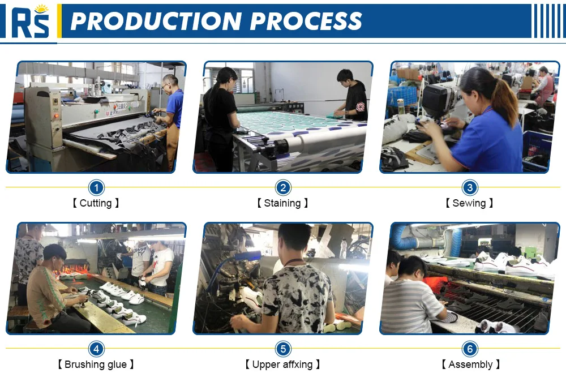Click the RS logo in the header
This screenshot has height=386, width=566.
[30, 21]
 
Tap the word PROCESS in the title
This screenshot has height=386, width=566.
[306, 21]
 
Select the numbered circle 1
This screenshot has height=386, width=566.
[96, 187]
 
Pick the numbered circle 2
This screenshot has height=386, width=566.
[283, 187]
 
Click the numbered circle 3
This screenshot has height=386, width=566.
[470, 187]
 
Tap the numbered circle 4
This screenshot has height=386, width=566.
[96, 349]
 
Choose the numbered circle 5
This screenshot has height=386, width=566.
[283, 349]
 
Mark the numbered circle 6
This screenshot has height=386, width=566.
[470, 349]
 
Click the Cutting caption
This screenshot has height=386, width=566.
[96, 203]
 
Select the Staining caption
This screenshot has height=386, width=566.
[282, 203]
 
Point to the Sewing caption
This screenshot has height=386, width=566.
[469, 203]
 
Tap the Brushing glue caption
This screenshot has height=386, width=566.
[96, 364]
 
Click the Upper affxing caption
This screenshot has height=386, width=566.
[282, 364]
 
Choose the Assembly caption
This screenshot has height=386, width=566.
[471, 364]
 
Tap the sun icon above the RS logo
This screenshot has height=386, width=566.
[42, 8]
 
